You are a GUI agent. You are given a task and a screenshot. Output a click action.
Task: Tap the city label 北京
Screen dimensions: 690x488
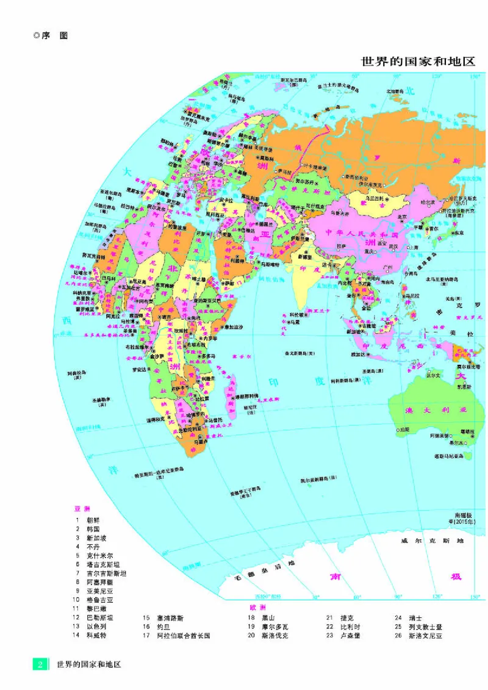pos(402,216)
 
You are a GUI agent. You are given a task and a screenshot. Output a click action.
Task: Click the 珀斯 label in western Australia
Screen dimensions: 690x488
pos(402,429)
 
